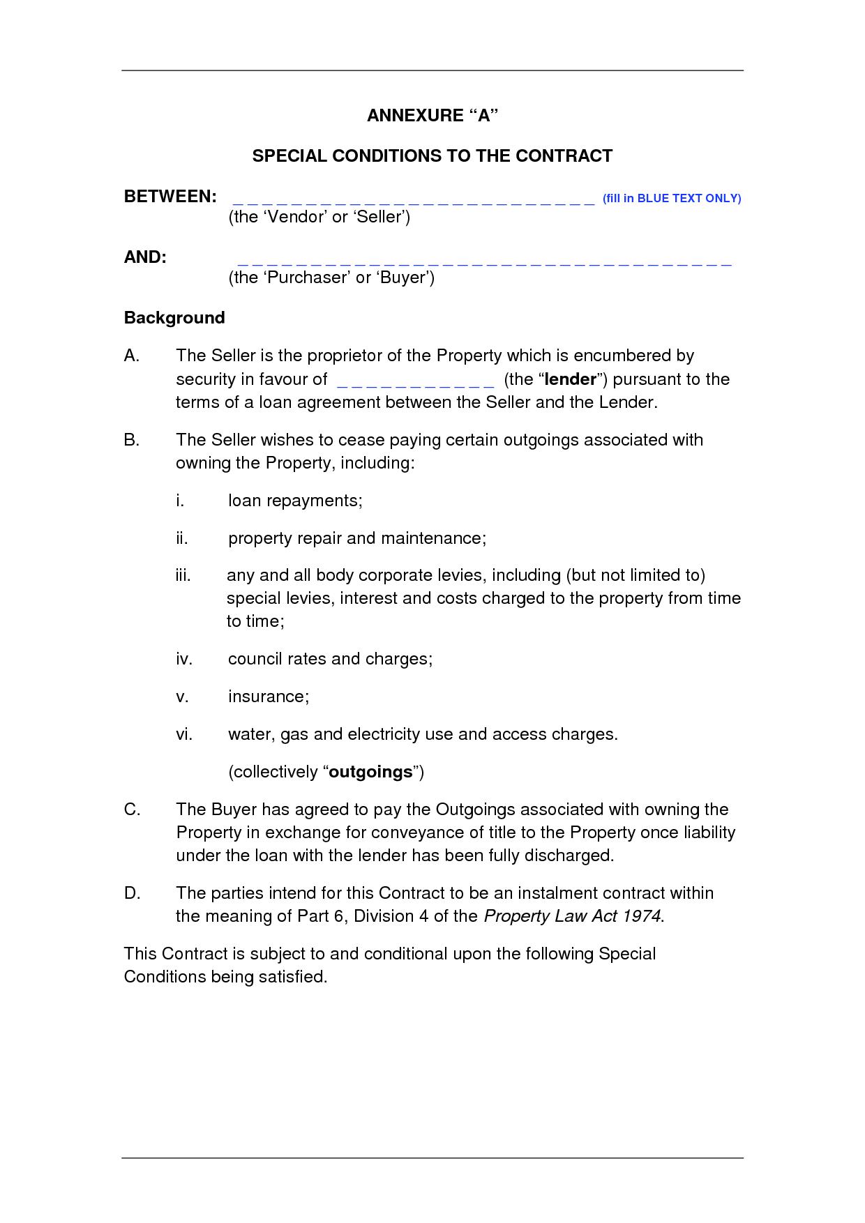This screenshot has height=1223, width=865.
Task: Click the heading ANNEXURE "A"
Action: coord(433,116)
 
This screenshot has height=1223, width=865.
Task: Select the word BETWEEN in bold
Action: coord(170,197)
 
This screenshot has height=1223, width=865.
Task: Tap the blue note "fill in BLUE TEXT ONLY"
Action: coord(671,199)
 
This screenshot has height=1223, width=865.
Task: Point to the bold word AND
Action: coord(145,257)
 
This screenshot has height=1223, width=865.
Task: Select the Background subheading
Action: coord(174,318)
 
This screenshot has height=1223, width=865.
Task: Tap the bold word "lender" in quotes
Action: coord(571,379)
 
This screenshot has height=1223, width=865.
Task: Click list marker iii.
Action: coord(183,575)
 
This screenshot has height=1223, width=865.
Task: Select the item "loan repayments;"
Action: coord(295,501)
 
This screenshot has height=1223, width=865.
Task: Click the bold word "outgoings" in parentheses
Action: coord(370,772)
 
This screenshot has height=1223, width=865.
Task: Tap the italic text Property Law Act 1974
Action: coord(572,916)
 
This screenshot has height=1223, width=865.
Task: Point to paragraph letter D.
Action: coord(133,893)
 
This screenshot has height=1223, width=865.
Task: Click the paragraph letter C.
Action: coord(133,810)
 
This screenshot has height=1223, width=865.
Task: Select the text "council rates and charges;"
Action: coord(330,659)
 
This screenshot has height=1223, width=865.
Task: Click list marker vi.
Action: coord(183,734)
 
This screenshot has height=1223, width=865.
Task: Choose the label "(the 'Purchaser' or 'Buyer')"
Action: coord(331,278)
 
